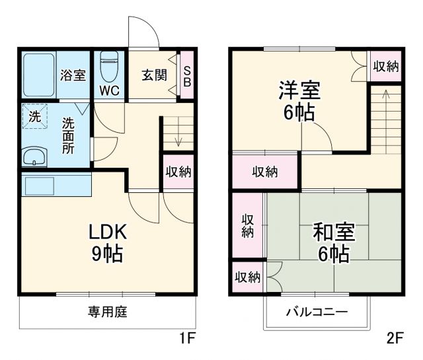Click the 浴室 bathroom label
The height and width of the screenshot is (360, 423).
[73, 74]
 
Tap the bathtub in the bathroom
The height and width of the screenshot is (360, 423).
[40, 74]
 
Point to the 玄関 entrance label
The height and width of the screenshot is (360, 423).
[153, 74]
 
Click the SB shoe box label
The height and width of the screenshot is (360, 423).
[186, 75]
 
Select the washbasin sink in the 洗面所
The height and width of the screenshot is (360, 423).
[34, 157]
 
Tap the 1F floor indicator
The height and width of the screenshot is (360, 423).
[188, 340]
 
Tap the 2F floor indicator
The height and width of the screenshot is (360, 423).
[395, 340]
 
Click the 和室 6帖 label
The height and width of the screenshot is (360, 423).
[333, 242]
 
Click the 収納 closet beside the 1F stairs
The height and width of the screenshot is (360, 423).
[178, 172]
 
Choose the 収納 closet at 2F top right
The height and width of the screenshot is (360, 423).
[385, 65]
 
